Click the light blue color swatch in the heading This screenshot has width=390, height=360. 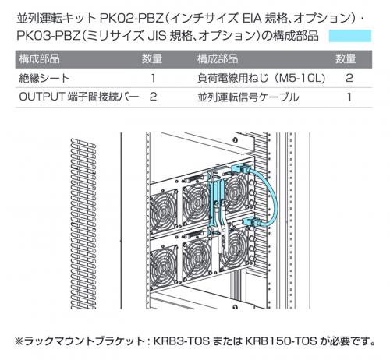click(350, 36)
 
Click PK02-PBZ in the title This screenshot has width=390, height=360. click(131, 18)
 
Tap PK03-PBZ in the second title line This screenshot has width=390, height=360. click(48, 36)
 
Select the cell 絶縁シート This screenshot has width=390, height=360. click(44, 78)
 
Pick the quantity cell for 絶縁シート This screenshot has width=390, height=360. click(153, 78)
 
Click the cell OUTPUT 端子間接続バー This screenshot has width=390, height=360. click(79, 97)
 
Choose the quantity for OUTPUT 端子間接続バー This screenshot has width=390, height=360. click(153, 97)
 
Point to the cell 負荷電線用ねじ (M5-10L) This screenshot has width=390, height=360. click(261, 78)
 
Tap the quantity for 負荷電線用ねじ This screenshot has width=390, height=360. click(349, 78)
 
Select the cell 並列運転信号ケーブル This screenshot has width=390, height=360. click(248, 97)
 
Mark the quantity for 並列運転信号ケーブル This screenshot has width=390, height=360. click(349, 97)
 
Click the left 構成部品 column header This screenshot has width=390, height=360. click(39, 59)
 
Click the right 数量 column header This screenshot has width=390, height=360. click(346, 59)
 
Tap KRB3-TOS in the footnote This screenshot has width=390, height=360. click(182, 341)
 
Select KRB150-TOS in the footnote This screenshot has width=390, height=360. click(281, 341)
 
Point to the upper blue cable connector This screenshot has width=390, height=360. click(242, 169)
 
